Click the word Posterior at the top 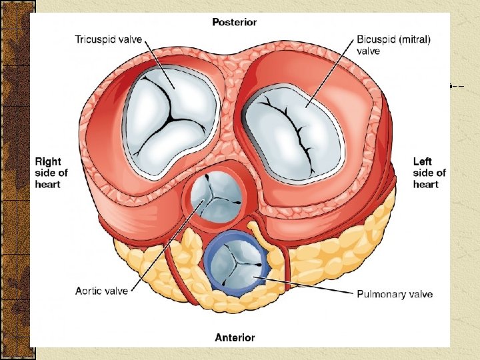(x=234, y=22)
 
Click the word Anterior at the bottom (x=234, y=338)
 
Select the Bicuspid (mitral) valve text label (x=393, y=44)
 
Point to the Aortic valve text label (x=102, y=291)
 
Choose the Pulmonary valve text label (x=395, y=294)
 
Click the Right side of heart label (x=51, y=173)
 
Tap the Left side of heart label (x=429, y=173)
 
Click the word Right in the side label (x=47, y=161)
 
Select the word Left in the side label (x=423, y=161)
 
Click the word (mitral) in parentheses (x=415, y=39)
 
